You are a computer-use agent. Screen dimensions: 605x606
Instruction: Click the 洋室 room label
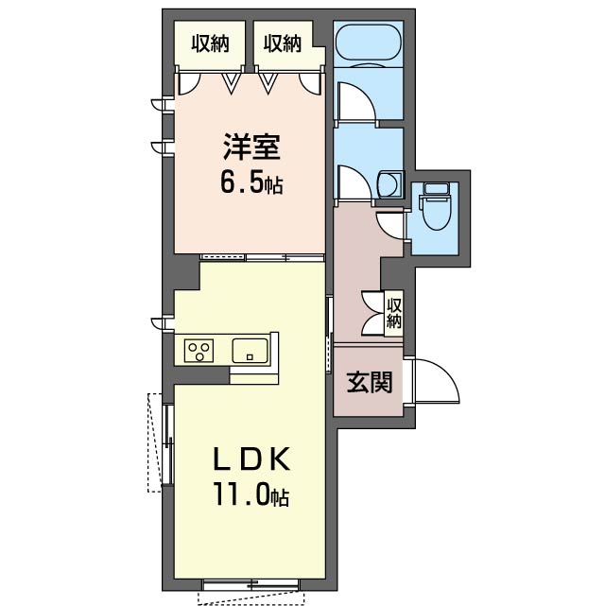251,147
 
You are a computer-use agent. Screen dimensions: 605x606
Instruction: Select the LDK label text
251,459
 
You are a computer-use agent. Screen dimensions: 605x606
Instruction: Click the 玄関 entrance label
370,382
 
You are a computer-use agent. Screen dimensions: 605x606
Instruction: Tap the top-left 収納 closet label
211,43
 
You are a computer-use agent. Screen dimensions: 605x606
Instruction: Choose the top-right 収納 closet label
283,43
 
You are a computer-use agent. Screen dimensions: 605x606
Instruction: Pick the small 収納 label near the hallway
394,313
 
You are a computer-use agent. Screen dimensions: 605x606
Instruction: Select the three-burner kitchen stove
199,351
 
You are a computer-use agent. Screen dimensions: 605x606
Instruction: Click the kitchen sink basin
250,351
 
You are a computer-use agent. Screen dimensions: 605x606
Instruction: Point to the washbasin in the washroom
389,184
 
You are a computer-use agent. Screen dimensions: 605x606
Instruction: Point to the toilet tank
436,190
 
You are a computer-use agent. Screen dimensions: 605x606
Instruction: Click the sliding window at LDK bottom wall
251,584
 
